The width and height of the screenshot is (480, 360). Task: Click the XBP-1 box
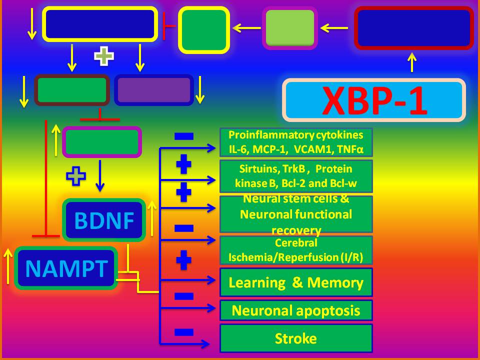point(374,100)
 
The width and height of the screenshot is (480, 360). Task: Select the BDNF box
point(104,220)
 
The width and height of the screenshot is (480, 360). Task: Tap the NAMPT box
point(66,268)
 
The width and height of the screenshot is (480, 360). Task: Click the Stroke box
point(296,338)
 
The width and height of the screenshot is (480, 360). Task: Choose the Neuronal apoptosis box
point(296,310)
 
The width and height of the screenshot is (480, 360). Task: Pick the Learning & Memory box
point(296,282)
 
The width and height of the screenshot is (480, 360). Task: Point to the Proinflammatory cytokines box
point(296,142)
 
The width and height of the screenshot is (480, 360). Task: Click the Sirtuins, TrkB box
point(296,176)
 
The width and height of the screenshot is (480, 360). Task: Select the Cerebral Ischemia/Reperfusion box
point(296,250)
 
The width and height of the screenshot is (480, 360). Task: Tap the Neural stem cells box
point(296,214)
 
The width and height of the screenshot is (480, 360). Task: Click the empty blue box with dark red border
point(414,28)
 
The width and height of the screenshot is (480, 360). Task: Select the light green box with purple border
point(290,28)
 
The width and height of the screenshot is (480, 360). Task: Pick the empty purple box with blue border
point(154,90)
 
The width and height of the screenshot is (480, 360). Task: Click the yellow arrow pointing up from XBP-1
point(412,63)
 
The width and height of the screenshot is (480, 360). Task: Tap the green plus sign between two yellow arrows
point(104,56)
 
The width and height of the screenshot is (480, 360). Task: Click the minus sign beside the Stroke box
point(184,331)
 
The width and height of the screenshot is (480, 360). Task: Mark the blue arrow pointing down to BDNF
point(100,176)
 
